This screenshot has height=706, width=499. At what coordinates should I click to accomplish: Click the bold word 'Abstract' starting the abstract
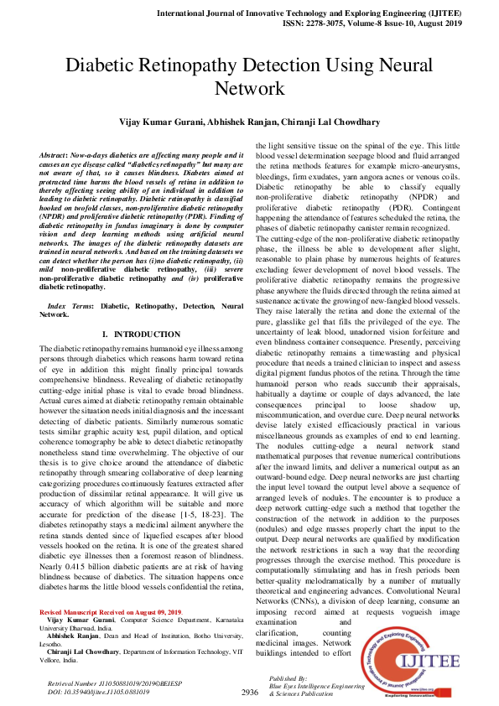[55, 157]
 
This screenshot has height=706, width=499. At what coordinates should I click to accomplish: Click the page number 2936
[249, 693]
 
